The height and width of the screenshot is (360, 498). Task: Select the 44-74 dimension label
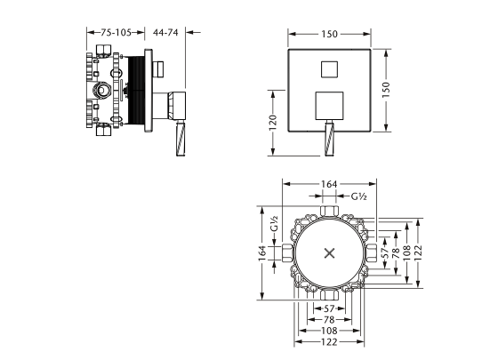166,31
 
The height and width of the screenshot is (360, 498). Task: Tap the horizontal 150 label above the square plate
330,33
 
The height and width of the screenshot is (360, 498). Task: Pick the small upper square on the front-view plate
329,68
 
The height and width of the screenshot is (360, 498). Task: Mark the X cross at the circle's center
330,252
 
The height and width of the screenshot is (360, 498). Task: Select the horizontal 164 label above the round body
329,184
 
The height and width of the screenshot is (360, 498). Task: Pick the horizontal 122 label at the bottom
329,341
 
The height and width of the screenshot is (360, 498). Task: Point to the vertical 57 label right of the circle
385,252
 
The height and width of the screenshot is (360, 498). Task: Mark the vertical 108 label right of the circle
408,252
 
